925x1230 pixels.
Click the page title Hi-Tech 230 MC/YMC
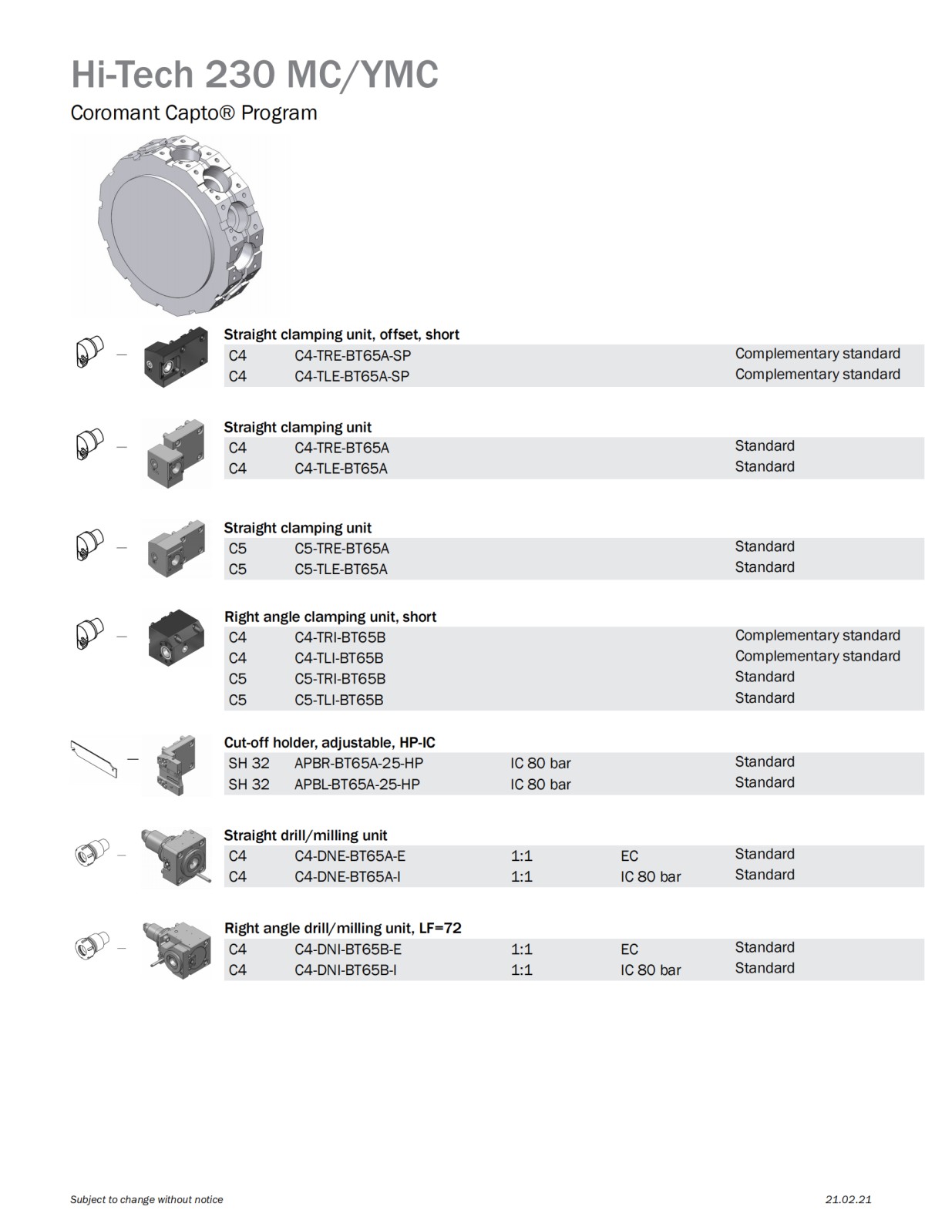[254, 75]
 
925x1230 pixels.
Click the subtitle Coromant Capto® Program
[193, 113]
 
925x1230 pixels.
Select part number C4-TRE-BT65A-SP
[352, 355]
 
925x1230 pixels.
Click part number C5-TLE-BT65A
[341, 569]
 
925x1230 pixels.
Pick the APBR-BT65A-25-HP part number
[358, 763]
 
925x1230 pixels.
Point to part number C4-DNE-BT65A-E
[349, 855]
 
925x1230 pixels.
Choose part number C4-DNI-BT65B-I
[345, 970]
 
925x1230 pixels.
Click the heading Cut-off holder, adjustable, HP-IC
[329, 742]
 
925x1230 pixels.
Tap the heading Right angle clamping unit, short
[330, 617]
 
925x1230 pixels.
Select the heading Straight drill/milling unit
[305, 835]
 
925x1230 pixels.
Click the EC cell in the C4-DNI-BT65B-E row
[629, 949]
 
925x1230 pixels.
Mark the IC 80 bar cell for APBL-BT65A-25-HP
[540, 785]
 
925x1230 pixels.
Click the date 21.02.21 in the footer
[848, 1199]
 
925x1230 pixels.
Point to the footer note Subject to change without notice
[146, 1199]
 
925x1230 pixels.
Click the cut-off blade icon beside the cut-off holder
[95, 759]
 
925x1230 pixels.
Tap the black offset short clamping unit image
[176, 356]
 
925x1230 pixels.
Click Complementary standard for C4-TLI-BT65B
[817, 656]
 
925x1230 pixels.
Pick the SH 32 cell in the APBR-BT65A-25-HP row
[249, 763]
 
